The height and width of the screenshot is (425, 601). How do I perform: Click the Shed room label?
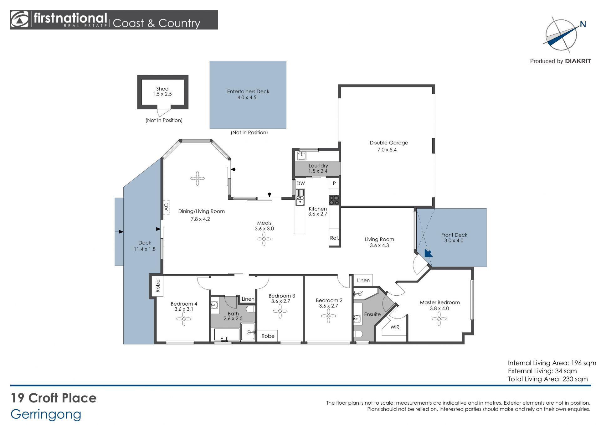tap(162, 89)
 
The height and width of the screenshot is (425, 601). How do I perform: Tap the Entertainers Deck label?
tap(248, 91)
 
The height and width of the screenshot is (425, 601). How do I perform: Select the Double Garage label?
tap(389, 143)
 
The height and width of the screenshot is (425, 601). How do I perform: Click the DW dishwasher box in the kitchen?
tap(300, 184)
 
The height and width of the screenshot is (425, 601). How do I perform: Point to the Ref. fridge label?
tap(334, 238)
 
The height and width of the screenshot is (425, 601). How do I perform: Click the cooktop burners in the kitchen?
tap(334, 200)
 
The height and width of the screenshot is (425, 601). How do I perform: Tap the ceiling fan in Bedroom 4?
tap(184, 319)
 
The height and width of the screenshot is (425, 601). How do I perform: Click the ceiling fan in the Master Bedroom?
tap(439, 319)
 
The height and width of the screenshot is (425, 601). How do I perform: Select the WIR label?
tap(395, 327)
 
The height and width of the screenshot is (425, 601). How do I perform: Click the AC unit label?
tap(166, 207)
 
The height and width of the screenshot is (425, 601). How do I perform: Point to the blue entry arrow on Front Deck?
tap(428, 253)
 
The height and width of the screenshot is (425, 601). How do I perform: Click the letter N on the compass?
tap(583, 24)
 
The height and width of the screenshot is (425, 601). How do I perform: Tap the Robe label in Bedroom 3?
tap(268, 336)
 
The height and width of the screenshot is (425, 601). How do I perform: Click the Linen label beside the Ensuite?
tap(363, 281)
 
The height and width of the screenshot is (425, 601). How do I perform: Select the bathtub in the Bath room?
tap(227, 335)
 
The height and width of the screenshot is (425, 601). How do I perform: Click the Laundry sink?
tap(301, 156)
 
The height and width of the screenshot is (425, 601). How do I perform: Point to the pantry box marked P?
tap(334, 183)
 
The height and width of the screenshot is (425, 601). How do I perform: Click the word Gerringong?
tap(46, 415)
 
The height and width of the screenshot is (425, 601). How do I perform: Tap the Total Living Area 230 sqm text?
tap(548, 379)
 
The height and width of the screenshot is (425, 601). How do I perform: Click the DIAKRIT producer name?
tap(578, 61)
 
